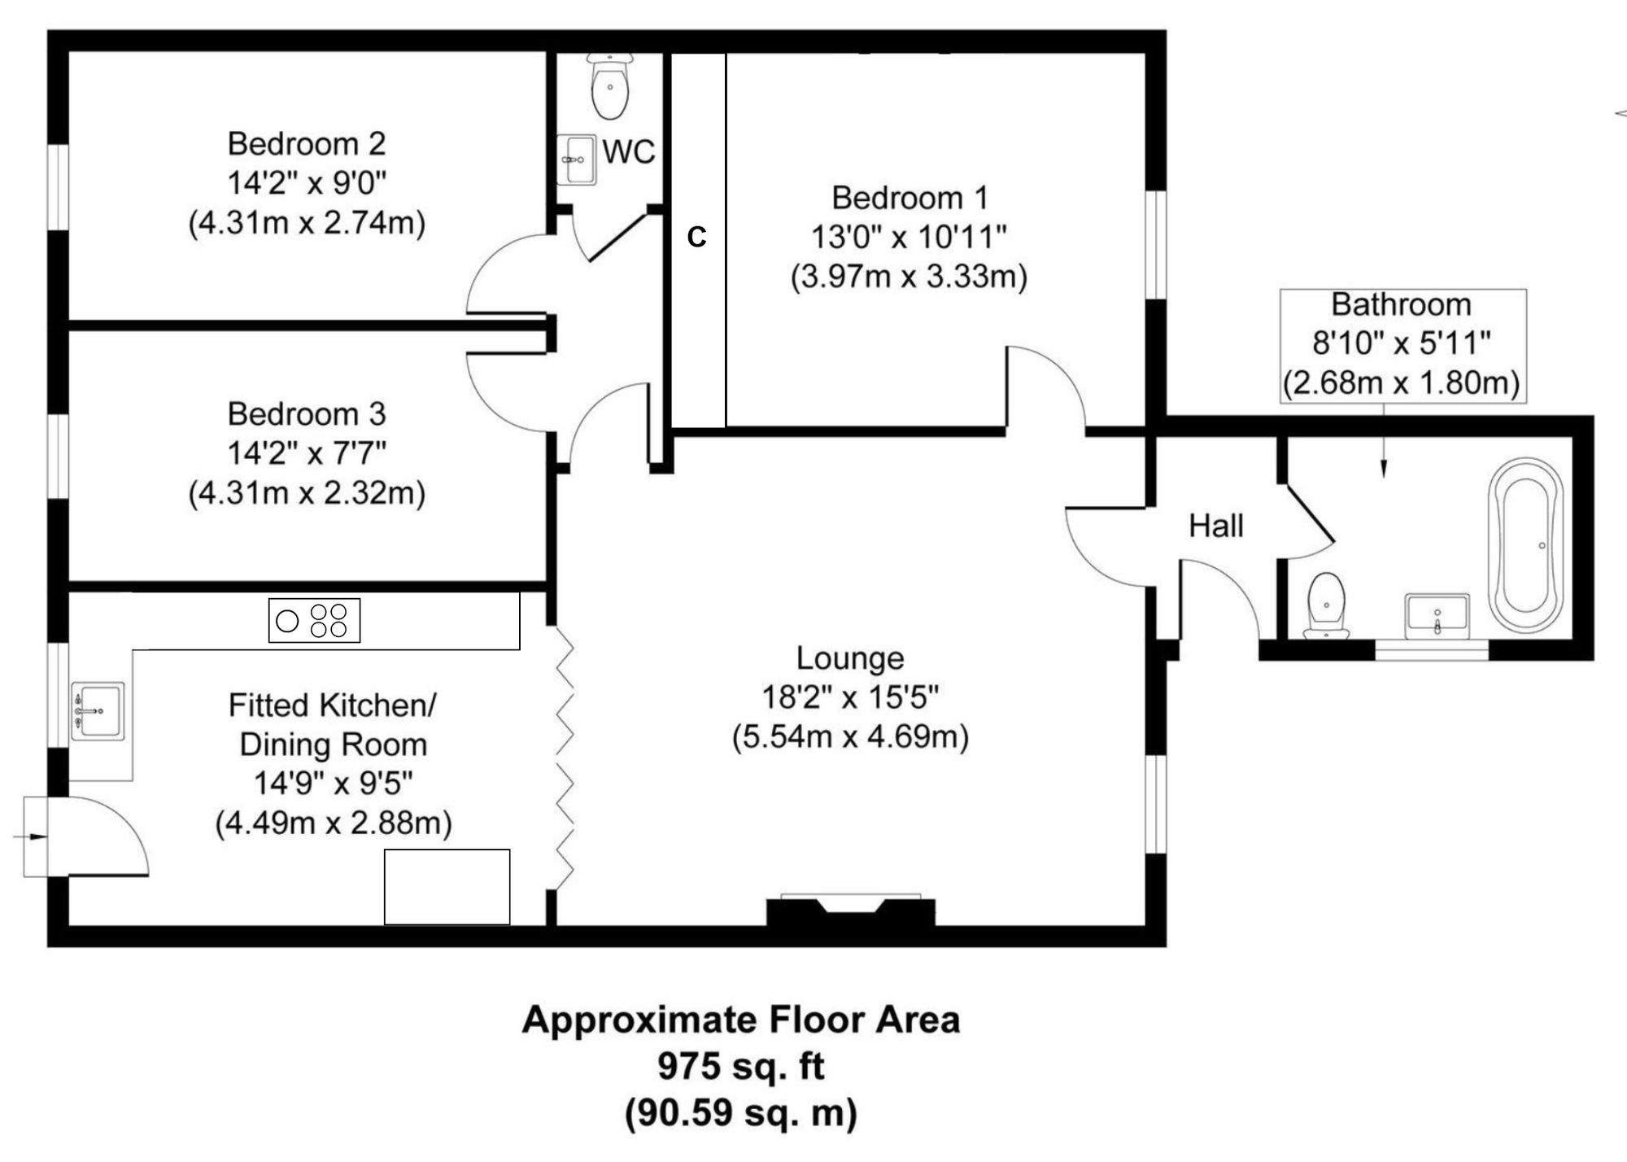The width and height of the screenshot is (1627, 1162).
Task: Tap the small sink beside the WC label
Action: click(578, 159)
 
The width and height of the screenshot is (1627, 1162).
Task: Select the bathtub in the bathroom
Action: click(1525, 545)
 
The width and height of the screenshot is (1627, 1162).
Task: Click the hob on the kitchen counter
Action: click(314, 621)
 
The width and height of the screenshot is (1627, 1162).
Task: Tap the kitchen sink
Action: click(98, 711)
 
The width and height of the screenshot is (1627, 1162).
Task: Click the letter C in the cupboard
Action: click(696, 237)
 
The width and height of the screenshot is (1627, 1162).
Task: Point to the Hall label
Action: click(1216, 526)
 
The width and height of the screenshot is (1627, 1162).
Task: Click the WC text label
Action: click(629, 152)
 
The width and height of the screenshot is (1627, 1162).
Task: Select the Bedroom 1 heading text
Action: click(909, 198)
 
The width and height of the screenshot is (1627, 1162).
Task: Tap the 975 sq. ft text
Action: click(741, 1066)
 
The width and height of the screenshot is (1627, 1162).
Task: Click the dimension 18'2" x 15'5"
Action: click(850, 697)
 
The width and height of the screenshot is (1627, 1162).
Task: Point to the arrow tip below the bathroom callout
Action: click(1385, 474)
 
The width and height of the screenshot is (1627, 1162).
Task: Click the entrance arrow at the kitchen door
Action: click(33, 836)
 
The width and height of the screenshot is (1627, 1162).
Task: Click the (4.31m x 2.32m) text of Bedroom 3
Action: click(307, 493)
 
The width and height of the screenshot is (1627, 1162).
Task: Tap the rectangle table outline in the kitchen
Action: click(447, 887)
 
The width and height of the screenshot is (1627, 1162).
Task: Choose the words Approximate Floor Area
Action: click(741, 1020)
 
